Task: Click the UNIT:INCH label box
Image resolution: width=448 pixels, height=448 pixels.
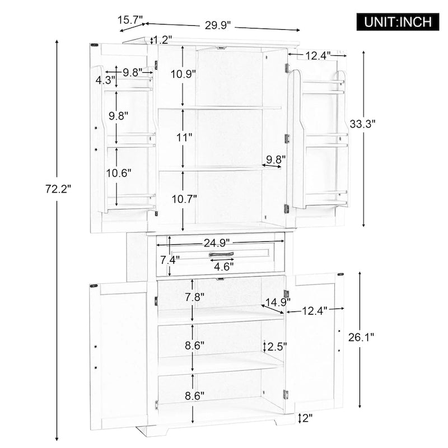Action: (398, 22)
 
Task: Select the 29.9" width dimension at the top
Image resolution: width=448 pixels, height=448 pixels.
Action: (218, 25)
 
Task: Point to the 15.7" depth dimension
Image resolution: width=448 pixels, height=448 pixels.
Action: (130, 20)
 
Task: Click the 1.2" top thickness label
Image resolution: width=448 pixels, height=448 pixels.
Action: (162, 40)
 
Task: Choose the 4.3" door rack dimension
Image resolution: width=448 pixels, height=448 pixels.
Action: (105, 80)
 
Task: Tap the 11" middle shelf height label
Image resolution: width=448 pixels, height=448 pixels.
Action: (183, 137)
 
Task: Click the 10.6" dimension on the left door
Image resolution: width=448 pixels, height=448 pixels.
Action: (118, 173)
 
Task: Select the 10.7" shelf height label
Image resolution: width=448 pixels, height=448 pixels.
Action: (183, 198)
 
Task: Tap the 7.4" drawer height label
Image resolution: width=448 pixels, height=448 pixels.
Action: (170, 260)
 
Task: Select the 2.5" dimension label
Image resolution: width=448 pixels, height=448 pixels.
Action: (276, 346)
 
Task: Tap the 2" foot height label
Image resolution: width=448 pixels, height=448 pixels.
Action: (307, 417)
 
